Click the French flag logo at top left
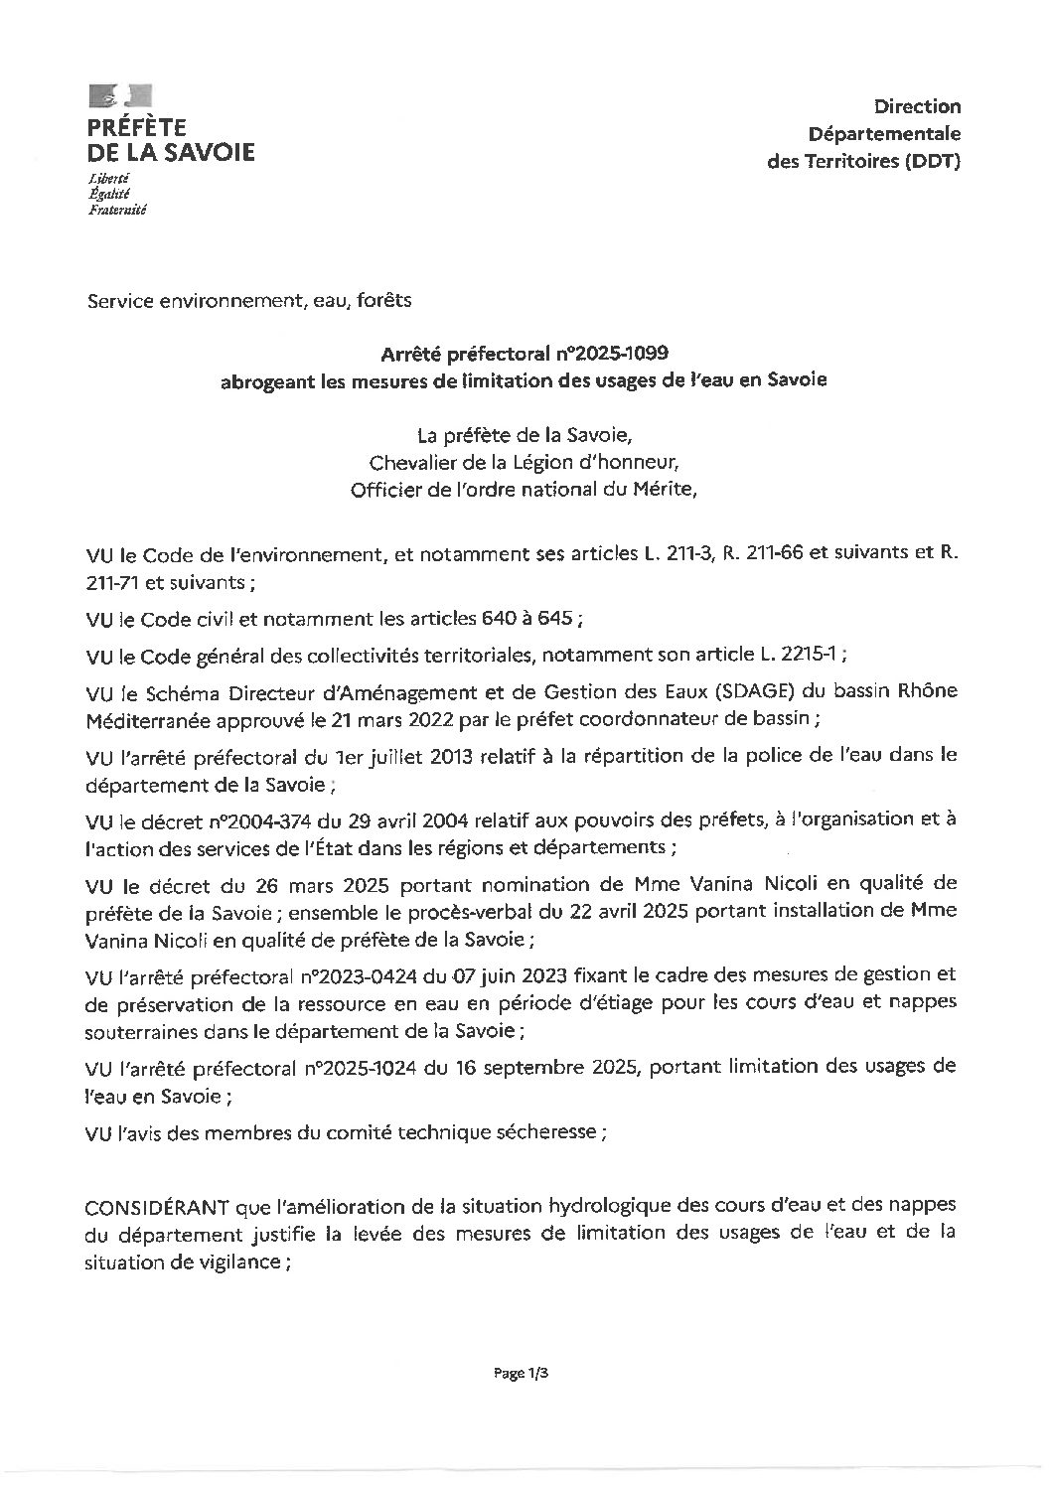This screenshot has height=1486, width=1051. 120,96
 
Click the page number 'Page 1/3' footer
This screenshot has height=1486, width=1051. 522,1375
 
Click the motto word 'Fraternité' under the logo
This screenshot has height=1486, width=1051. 117,210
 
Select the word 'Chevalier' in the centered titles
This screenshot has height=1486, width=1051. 410,462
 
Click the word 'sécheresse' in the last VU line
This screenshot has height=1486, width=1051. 552,1131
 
